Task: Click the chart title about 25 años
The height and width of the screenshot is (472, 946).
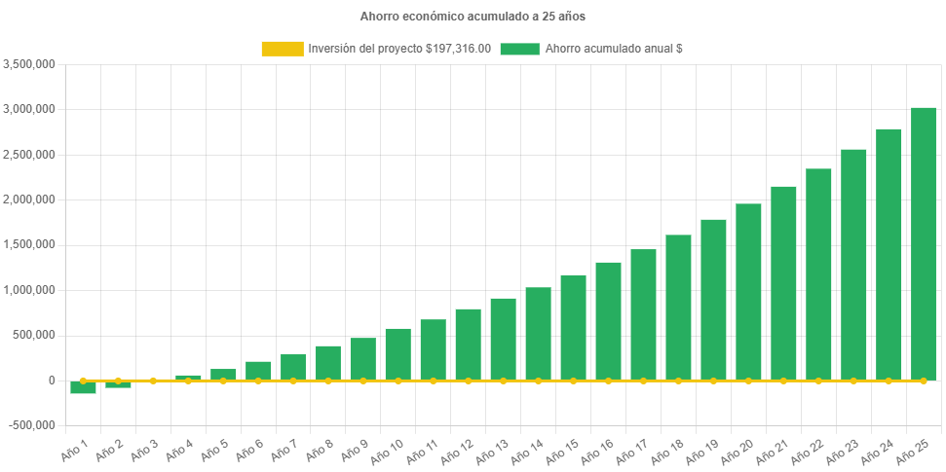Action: (473, 17)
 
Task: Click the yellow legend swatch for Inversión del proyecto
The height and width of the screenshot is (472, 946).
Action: (282, 49)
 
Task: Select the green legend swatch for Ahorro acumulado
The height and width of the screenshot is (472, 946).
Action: (519, 49)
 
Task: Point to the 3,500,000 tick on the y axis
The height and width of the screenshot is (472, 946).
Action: (29, 64)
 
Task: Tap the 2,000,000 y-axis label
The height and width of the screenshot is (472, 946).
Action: (29, 200)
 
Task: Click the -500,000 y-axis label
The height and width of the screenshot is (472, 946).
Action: (31, 425)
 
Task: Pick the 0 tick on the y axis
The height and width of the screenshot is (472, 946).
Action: (51, 381)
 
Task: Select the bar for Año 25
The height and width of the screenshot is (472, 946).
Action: (923, 243)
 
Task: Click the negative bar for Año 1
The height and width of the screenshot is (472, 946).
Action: (83, 387)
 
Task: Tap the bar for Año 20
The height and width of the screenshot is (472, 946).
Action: (748, 292)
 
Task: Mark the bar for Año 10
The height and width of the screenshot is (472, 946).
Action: (397, 354)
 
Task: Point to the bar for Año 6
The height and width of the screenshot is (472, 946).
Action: (258, 371)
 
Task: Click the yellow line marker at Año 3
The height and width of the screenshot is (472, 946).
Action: (153, 381)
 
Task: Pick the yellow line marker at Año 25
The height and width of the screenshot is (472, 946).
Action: (924, 381)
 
